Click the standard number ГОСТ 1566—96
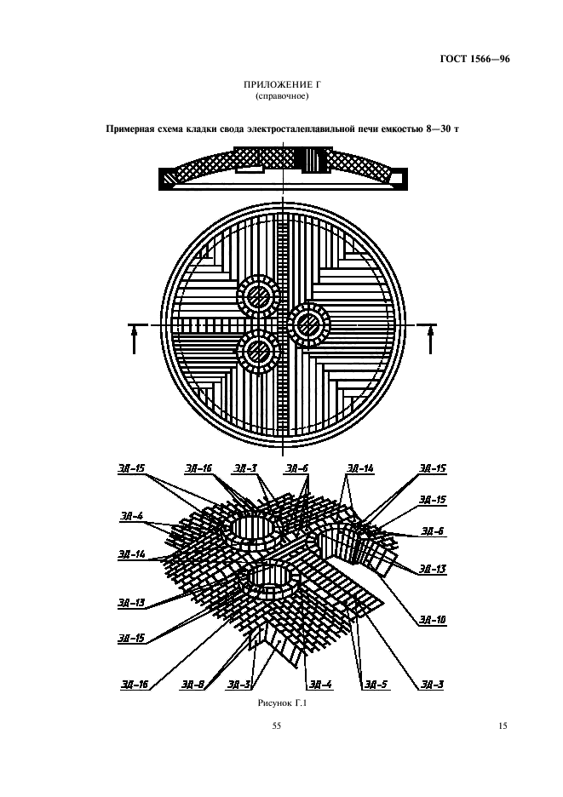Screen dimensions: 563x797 474,59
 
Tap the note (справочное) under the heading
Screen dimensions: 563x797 282,96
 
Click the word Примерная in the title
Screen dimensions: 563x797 127,129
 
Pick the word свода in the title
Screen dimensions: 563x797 232,129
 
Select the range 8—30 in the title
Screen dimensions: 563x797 439,129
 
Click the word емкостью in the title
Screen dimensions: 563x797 402,129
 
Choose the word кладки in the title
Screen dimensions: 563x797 203,129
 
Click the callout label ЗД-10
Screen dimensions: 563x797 433,620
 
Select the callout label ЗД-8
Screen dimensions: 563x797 192,685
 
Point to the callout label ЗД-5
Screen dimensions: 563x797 376,685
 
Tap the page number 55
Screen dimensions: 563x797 277,725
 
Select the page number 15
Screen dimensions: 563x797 502,725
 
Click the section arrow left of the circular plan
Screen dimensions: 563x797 135,340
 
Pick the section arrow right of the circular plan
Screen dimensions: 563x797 430,340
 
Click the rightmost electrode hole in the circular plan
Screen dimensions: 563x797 308,324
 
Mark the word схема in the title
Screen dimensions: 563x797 169,129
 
